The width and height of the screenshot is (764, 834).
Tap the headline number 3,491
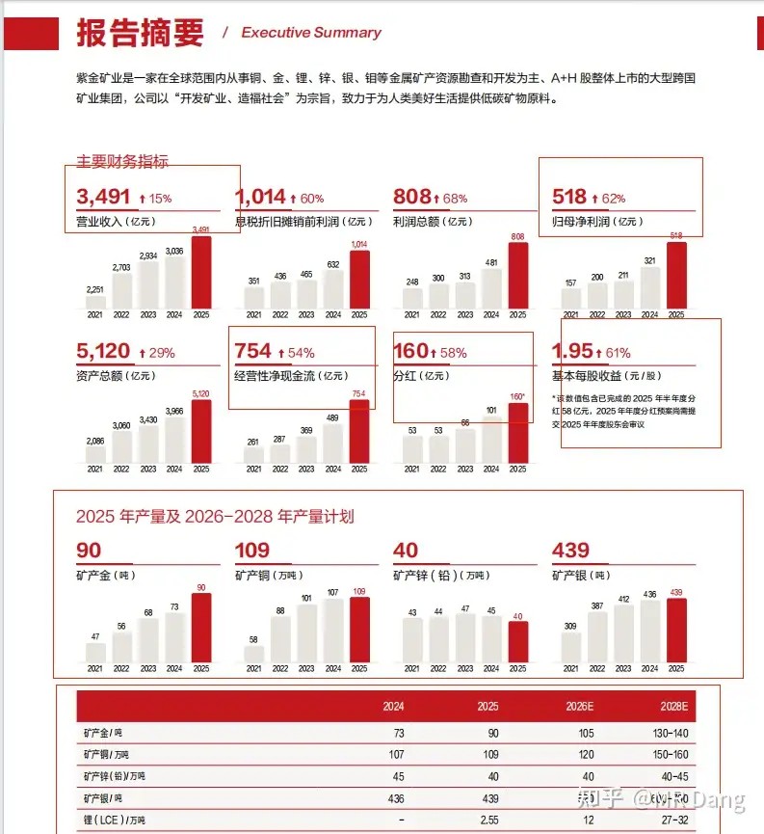click(x=103, y=198)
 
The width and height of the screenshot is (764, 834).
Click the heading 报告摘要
click(x=141, y=32)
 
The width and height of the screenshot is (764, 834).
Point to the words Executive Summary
click(x=310, y=33)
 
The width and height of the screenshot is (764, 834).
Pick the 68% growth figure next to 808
click(x=450, y=199)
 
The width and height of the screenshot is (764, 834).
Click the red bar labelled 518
click(x=676, y=276)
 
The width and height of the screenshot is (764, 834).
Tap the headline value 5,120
click(x=103, y=353)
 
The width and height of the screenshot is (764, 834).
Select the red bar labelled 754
click(x=358, y=431)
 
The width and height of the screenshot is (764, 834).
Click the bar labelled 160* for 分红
click(x=517, y=433)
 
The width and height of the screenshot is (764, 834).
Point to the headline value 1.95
click(x=573, y=353)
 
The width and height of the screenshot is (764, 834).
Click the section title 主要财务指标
click(x=122, y=162)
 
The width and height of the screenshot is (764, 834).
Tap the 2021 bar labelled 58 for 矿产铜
click(x=253, y=654)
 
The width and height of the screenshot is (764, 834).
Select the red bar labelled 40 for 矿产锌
click(x=517, y=641)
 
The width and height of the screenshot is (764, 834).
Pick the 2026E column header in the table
click(x=579, y=706)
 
